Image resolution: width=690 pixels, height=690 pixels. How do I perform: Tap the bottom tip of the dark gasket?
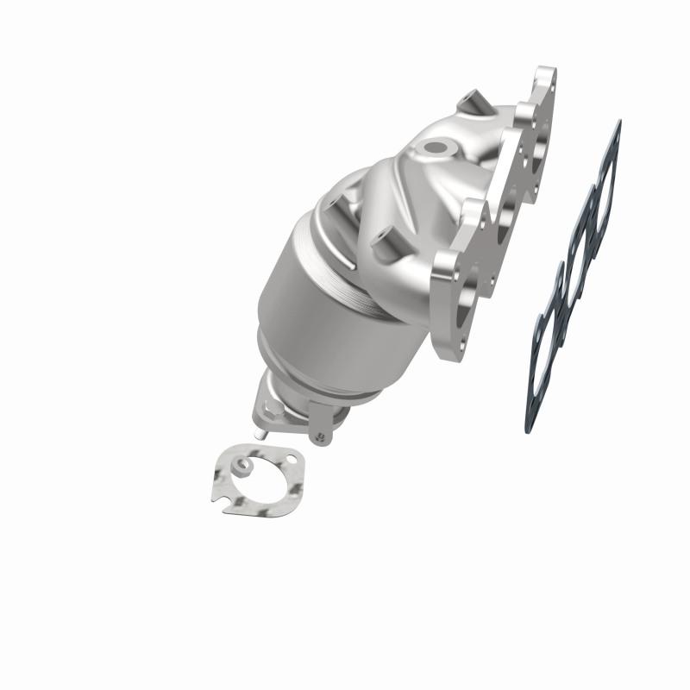pyautogui.click(x=528, y=429)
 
